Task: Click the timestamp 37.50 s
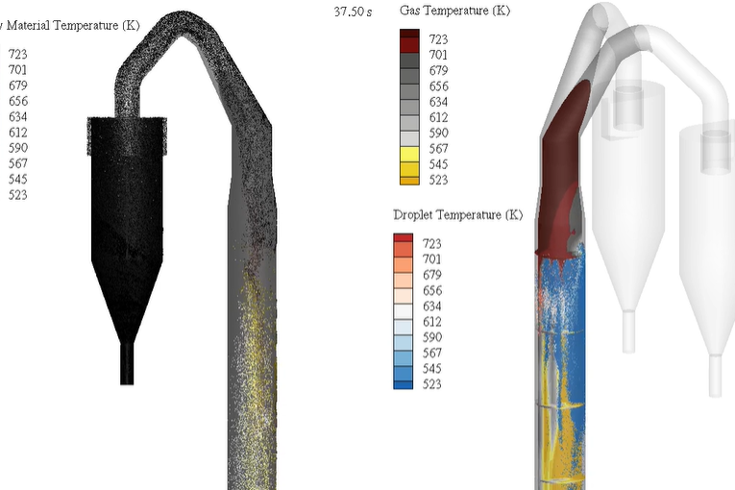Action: (353, 12)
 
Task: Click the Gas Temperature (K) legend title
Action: (454, 11)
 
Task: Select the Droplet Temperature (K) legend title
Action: (458, 215)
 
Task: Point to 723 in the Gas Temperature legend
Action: (438, 39)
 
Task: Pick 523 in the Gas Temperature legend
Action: (438, 180)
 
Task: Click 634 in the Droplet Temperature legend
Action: (431, 306)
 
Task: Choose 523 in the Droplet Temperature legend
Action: (431, 384)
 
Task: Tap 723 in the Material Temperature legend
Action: (18, 55)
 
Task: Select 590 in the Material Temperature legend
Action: (18, 148)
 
